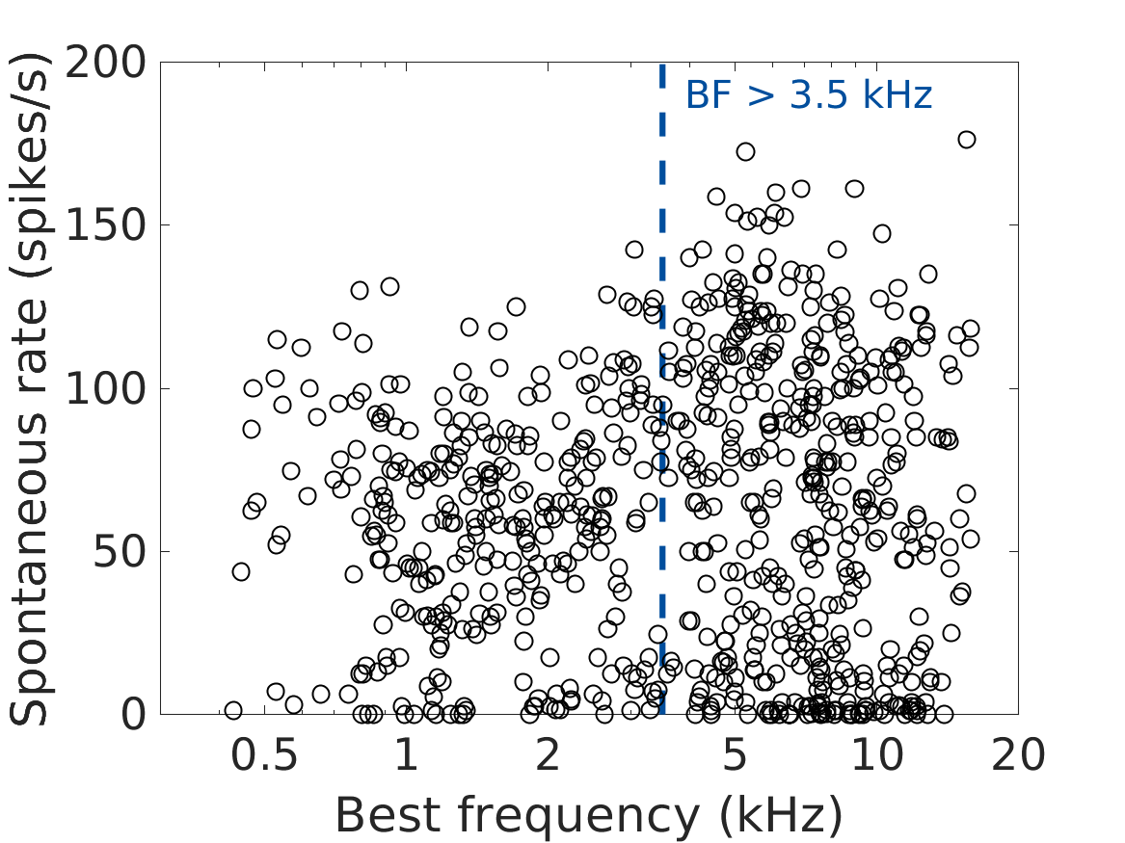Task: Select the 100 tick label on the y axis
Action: click(105, 389)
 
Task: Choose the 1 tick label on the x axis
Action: click(406, 756)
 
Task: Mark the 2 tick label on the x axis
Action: click(548, 756)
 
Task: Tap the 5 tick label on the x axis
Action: click(735, 756)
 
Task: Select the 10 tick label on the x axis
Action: click(876, 756)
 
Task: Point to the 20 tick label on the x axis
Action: click(1018, 756)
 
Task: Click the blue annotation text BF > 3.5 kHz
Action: click(809, 96)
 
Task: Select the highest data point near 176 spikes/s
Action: click(967, 140)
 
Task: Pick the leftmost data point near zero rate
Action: click(232, 710)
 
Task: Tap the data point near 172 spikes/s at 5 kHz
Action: click(745, 151)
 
